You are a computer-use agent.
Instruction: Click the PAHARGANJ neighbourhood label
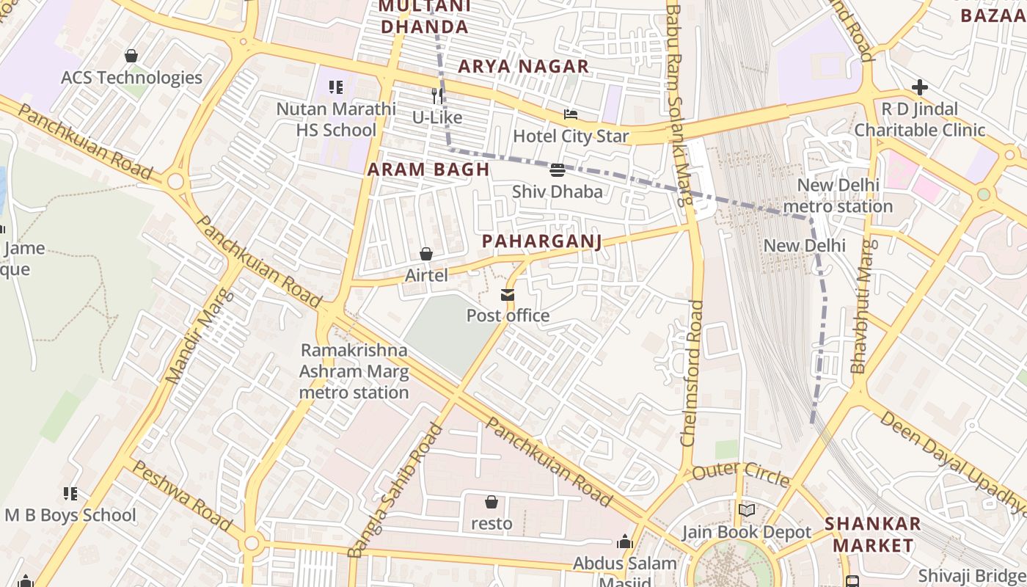[x=541, y=241]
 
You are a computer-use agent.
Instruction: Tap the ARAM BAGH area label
[x=428, y=169]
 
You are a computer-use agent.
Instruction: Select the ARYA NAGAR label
[x=524, y=67]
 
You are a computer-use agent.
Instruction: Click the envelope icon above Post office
[x=508, y=295]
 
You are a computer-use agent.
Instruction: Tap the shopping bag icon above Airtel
[x=426, y=254]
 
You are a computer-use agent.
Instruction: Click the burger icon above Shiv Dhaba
[x=557, y=170]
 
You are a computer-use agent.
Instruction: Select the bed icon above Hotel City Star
[x=571, y=114]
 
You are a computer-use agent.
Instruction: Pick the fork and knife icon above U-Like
[x=437, y=95]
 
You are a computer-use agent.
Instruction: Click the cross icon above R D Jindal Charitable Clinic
[x=919, y=88]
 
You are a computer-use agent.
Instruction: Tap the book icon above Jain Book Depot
[x=747, y=510]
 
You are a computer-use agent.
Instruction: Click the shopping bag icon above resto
[x=491, y=502]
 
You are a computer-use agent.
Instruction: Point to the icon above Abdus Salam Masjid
[x=625, y=542]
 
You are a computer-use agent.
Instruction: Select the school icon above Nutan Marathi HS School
[x=336, y=88]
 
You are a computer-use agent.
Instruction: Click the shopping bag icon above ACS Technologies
[x=131, y=56]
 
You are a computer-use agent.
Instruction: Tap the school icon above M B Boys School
[x=70, y=494]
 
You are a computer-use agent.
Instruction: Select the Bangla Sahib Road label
[x=396, y=490]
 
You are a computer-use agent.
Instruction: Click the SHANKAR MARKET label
[x=872, y=534]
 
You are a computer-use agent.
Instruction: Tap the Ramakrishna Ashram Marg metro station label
[x=354, y=371]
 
